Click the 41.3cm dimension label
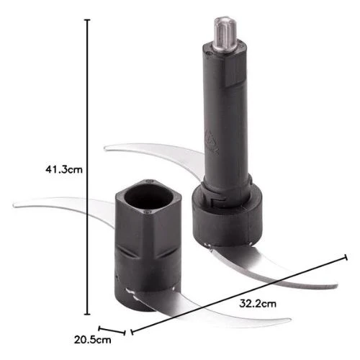[64, 169]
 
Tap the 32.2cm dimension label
[258, 304]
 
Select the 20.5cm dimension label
[92, 340]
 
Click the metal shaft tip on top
[225, 33]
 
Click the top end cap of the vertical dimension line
[87, 20]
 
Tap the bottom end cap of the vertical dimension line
[87, 314]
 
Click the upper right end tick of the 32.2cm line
[346, 257]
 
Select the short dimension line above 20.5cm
[112, 330]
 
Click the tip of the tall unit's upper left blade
[106, 148]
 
